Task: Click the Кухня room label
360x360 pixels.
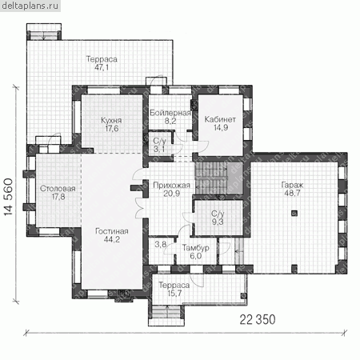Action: (111, 120)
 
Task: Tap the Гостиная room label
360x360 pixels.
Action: (112, 231)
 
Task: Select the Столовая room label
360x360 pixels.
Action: (58, 189)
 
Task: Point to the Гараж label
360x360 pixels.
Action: (292, 185)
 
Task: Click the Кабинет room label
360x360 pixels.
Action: (220, 119)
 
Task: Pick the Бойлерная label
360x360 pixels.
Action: (170, 113)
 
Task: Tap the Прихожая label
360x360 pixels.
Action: (171, 186)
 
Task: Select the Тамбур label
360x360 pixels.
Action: (195, 248)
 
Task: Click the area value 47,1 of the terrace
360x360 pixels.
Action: (102, 67)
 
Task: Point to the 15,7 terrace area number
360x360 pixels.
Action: (174, 294)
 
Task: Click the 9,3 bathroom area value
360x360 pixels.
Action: (218, 222)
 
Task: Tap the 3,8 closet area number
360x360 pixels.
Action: (161, 244)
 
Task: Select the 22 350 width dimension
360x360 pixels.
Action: (258, 319)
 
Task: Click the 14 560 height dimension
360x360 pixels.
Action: (8, 197)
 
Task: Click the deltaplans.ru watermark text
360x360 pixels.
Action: (30, 6)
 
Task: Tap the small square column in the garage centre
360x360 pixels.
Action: (294, 213)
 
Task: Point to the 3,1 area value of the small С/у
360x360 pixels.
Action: (159, 149)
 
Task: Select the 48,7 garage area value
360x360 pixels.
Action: (292, 193)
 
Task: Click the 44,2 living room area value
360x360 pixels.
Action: (112, 239)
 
